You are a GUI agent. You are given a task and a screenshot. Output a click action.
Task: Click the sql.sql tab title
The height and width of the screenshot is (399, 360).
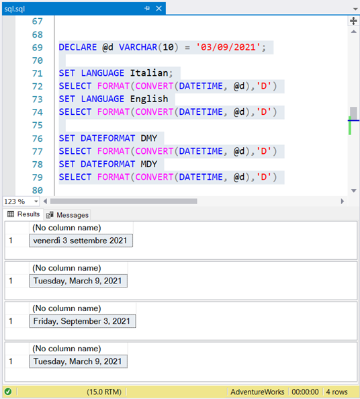15,9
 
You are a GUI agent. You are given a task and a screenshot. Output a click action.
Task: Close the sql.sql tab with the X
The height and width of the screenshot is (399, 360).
159,9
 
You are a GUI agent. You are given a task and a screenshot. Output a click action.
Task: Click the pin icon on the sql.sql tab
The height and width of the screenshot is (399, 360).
147,9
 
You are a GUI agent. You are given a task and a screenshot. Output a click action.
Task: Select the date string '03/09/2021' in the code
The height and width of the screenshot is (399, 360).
228,47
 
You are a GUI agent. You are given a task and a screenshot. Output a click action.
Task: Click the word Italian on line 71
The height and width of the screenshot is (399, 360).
149,73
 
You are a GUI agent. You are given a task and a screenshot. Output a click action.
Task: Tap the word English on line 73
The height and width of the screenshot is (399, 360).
149,99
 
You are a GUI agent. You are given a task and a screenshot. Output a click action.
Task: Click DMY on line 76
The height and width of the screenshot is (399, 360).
149,138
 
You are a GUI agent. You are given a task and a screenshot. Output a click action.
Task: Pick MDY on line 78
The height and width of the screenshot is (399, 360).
149,164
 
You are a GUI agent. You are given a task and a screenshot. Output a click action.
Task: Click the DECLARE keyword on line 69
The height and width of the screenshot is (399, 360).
78,47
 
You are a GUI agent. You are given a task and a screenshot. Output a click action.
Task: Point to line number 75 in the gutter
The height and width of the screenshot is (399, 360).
38,125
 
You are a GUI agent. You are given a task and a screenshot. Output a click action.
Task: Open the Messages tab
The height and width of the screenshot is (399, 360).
67,215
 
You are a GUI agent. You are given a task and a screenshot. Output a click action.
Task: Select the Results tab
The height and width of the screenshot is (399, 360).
24,214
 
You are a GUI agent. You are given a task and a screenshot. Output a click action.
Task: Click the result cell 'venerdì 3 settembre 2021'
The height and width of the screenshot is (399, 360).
81,240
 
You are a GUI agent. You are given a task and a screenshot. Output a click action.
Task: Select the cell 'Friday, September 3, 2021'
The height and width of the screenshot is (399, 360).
83,321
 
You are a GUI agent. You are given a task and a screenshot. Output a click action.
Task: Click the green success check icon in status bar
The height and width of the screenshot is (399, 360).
8,392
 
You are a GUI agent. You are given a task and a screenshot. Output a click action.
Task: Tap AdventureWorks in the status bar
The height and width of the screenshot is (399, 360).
257,392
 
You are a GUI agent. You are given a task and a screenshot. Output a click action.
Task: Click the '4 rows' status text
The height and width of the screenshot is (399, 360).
336,392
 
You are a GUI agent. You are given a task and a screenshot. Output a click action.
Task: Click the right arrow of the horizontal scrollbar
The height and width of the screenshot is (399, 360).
342,202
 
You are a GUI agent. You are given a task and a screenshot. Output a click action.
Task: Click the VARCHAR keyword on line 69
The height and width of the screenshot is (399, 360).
138,47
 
